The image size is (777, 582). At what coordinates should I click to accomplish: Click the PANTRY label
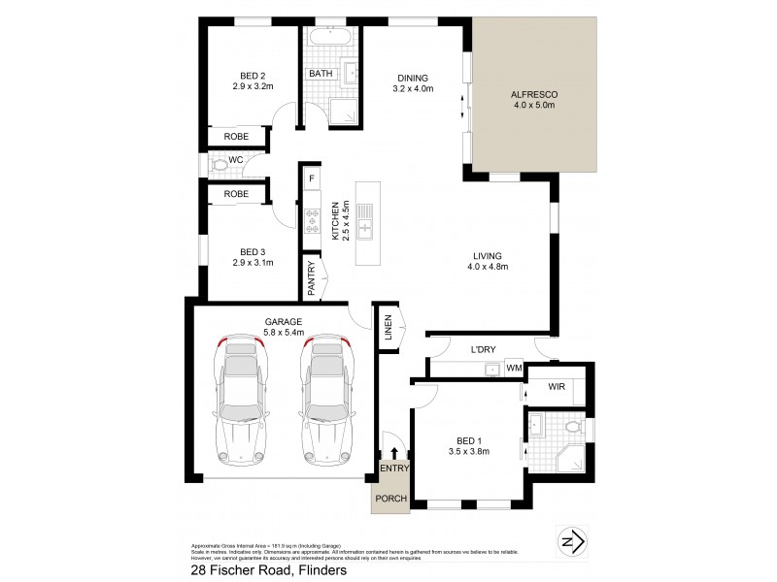pyautogui.click(x=312, y=278)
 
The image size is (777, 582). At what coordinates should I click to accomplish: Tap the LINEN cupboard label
pyautogui.click(x=387, y=327)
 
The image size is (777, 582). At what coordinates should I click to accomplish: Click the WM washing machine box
pyautogui.click(x=514, y=369)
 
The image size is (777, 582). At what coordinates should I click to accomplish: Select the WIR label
pyautogui.click(x=557, y=387)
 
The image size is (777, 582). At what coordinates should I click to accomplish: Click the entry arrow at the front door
pyautogui.click(x=393, y=452)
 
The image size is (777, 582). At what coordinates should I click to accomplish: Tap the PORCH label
pyautogui.click(x=391, y=499)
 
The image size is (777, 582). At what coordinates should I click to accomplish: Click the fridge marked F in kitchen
pyautogui.click(x=312, y=179)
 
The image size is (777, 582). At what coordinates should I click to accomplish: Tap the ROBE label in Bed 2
pyautogui.click(x=236, y=138)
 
